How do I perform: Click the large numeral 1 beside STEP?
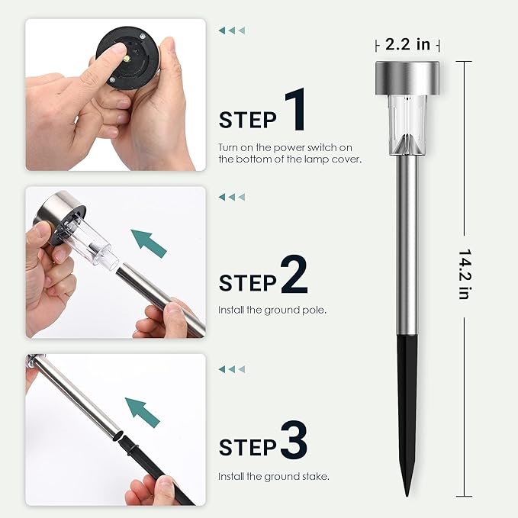coord(295,109)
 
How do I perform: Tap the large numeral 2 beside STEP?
coord(294,274)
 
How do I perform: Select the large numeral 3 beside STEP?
coord(294,439)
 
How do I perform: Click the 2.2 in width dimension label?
coord(407,44)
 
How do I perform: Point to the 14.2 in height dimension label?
coord(465,274)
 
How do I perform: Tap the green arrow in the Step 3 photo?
coord(143,412)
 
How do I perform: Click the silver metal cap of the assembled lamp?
coord(407,78)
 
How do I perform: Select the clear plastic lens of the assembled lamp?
coord(407,125)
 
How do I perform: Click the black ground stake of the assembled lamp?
coord(407,413)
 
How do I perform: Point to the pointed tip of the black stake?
coord(407,496)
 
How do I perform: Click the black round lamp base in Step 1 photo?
coord(128,58)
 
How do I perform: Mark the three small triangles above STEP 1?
coord(232,31)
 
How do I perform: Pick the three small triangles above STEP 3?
coord(232,369)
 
